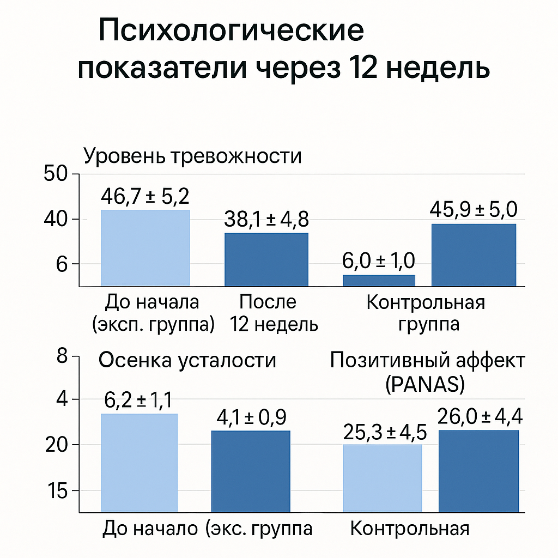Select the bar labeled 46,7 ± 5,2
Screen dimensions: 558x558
pos(145,247)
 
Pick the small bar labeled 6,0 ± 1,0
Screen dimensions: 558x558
pos(379,280)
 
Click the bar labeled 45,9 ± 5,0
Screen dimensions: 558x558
pos(474,254)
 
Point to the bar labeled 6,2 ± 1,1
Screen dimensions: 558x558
pos(139,463)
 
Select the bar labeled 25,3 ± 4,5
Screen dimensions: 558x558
pos(382,478)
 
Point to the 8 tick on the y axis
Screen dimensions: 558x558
pos(61,357)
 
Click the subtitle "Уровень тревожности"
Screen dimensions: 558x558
pos(192,156)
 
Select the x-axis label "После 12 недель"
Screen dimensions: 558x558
pos(268,313)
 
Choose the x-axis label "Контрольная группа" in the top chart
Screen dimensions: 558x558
pos(426,313)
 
